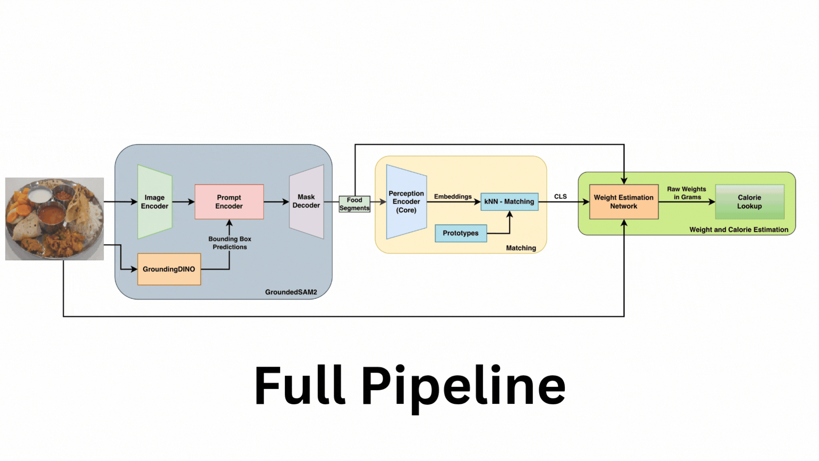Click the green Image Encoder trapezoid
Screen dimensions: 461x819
point(155,202)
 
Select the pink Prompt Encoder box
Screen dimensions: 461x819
point(229,202)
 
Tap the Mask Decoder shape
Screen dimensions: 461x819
point(306,201)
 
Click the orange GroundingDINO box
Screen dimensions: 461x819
point(169,269)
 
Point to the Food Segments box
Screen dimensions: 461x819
point(354,204)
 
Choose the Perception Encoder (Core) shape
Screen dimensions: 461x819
point(406,202)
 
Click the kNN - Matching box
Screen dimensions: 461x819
point(509,201)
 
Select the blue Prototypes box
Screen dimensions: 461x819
point(461,233)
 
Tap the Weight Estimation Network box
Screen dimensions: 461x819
point(624,202)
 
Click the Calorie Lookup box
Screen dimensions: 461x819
point(749,202)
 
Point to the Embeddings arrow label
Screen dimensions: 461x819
point(453,196)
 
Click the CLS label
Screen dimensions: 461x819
point(561,196)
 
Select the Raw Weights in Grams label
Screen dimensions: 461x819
point(687,193)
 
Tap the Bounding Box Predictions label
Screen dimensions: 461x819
point(230,243)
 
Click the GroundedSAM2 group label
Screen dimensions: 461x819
point(291,292)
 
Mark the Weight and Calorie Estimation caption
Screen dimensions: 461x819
point(739,230)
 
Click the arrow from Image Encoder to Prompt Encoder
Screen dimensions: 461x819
point(183,201)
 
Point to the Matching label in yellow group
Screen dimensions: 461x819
point(521,248)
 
